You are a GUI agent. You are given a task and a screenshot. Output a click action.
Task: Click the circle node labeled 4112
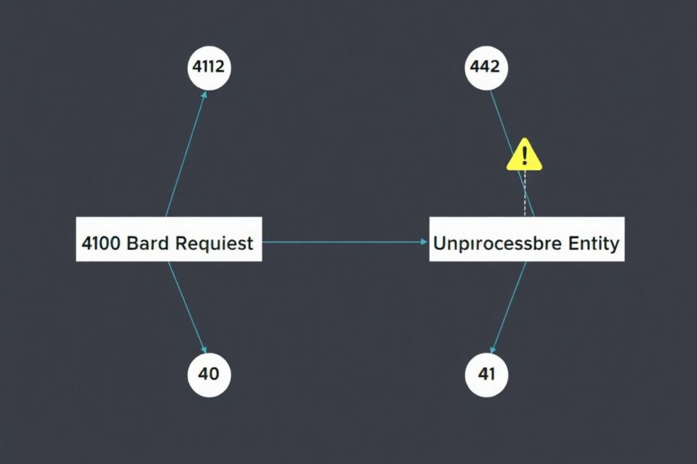coord(209,67)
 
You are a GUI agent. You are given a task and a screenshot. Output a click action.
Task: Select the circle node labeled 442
coord(486,67)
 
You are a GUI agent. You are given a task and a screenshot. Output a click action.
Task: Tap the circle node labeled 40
coord(209,374)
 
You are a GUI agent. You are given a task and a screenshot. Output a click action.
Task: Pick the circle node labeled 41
coord(486,374)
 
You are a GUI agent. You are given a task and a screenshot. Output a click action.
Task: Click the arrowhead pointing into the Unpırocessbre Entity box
coord(424,242)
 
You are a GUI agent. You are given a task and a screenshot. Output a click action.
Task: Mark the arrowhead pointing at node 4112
coord(204,94)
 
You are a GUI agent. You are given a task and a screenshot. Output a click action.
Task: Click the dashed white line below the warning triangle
coord(525,193)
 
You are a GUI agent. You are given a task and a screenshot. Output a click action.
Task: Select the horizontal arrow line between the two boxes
coord(345,242)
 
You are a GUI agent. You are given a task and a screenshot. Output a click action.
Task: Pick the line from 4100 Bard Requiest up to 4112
coord(187,153)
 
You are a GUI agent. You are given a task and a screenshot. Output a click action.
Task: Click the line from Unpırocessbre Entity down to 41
coord(510,308)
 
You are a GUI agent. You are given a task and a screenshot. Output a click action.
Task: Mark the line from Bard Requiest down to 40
coord(187,308)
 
